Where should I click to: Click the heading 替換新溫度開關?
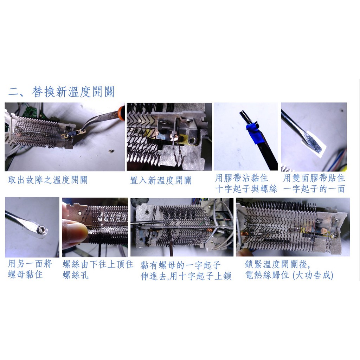click(73, 92)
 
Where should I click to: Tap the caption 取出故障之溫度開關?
click(47, 180)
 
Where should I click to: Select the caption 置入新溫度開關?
click(161, 180)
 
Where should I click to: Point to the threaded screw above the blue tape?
click(245, 117)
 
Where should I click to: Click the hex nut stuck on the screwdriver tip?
click(41, 229)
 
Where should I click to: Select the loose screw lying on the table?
click(111, 151)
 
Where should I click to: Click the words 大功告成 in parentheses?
click(313, 275)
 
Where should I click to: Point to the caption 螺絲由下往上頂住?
click(98, 264)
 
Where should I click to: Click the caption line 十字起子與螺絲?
click(246, 189)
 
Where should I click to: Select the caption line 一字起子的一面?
click(314, 189)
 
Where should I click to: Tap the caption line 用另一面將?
click(30, 264)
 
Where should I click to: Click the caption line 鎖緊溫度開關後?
click(277, 264)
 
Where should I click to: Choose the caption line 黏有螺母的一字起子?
click(180, 265)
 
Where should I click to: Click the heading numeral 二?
click(14, 92)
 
